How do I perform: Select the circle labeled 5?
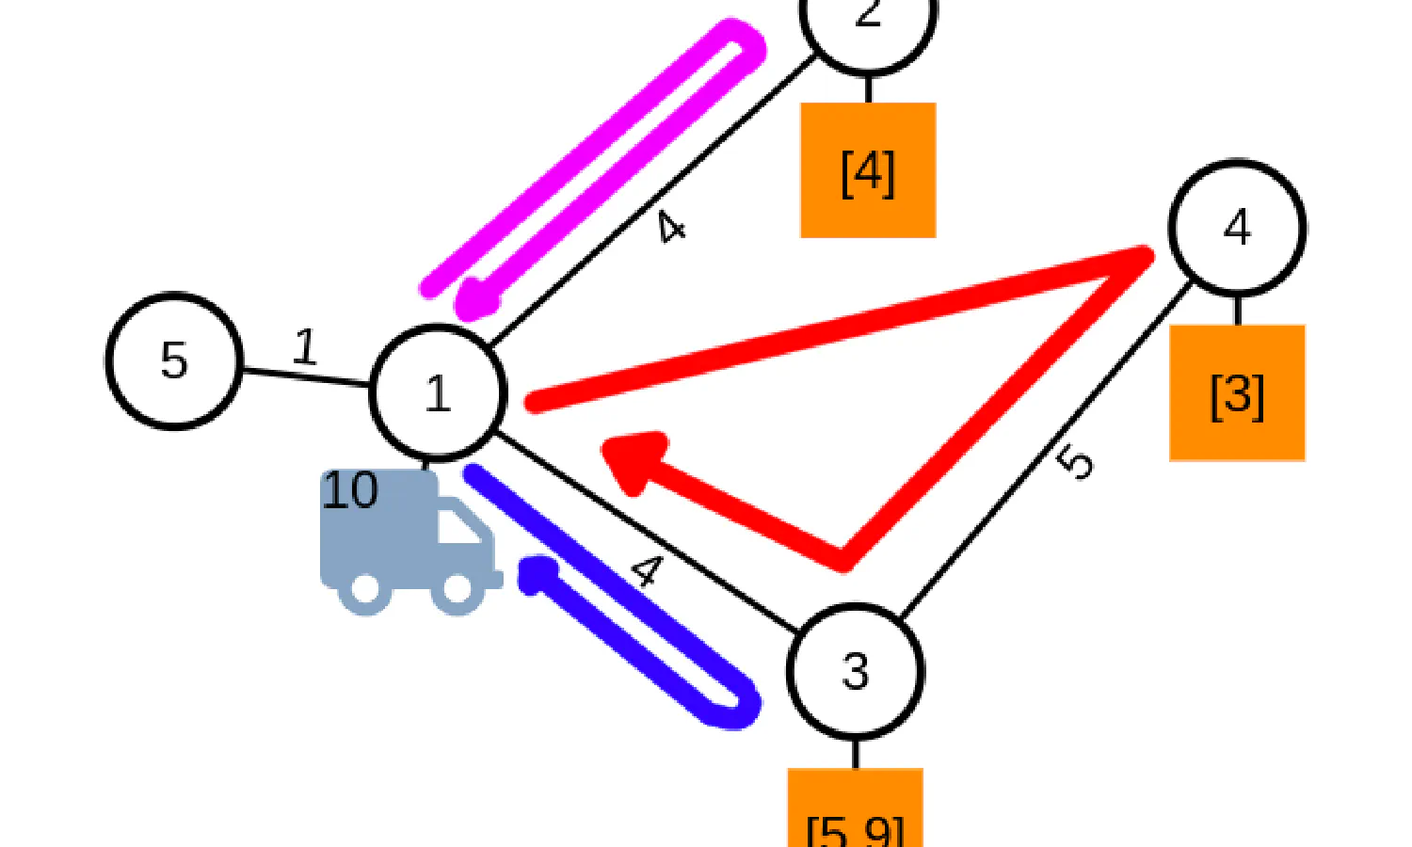pos(174,360)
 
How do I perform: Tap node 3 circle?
pos(855,671)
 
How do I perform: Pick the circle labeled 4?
pos(1237,228)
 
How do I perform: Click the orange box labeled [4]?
pos(868,170)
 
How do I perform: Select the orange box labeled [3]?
pos(1237,393)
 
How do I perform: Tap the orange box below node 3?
pos(855,809)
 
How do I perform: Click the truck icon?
pos(409,541)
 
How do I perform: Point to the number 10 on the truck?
pos(350,490)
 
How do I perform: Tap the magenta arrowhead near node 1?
pos(476,301)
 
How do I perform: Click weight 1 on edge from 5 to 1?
pos(304,346)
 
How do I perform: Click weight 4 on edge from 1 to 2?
pos(671,227)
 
